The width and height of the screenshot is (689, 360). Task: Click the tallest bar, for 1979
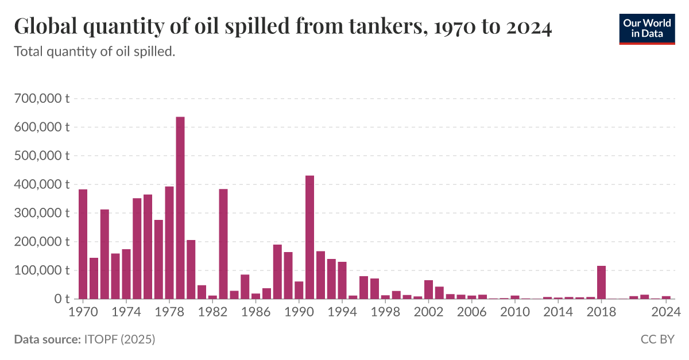pos(180,208)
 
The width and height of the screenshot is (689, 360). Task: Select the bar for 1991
pos(309,237)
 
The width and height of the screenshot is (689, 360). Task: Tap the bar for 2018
pos(602,282)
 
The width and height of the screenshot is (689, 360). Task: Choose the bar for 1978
pos(169,243)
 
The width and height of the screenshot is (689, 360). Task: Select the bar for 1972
pos(104,254)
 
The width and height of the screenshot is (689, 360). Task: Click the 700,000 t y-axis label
pos(41,98)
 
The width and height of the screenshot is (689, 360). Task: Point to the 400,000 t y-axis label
pos(41,184)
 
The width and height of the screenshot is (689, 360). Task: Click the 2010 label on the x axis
pos(515,313)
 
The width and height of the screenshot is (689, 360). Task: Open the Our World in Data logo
pos(647,28)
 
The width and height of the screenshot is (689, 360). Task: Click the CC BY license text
pos(657,340)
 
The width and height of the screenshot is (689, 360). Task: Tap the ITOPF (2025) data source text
pos(119,340)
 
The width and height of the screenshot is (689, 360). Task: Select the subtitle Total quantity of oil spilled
pos(94,52)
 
